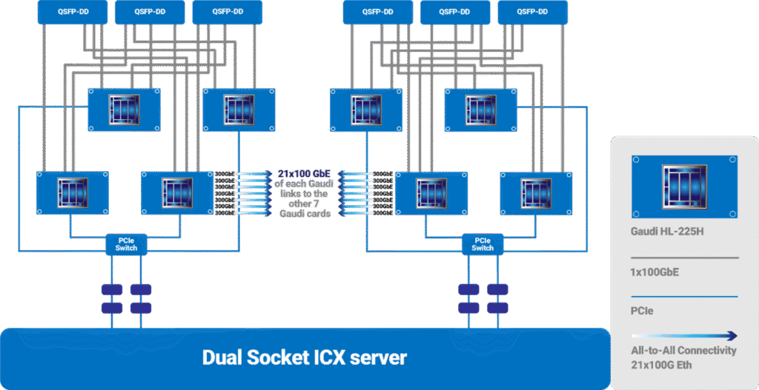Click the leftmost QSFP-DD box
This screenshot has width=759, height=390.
tap(72, 11)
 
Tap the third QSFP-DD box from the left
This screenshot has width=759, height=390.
tap(227, 11)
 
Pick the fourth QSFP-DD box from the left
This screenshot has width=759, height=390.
tap(378, 11)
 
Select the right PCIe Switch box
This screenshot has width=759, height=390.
tap(483, 243)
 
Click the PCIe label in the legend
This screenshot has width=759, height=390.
tap(642, 312)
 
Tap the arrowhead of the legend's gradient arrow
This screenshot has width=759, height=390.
tap(732, 335)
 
